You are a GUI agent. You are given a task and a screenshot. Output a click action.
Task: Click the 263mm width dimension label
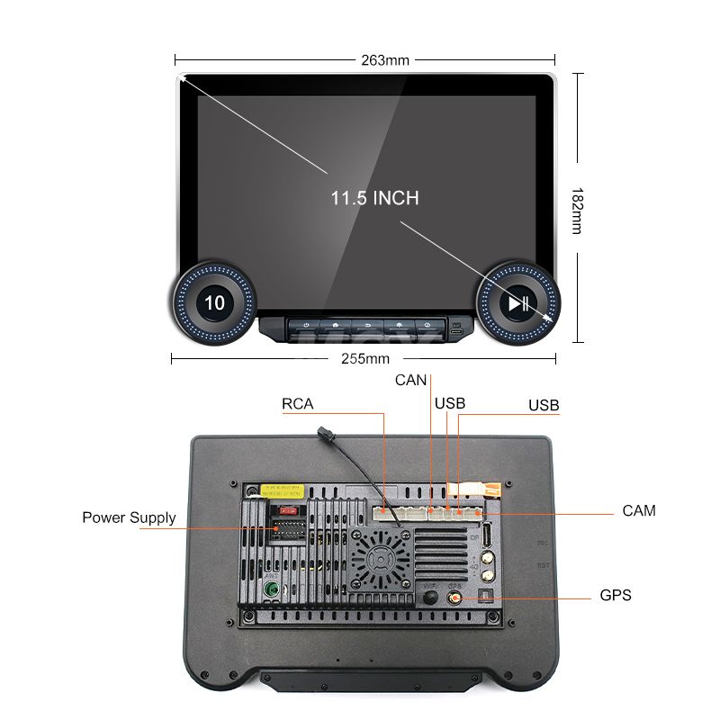pos(384,60)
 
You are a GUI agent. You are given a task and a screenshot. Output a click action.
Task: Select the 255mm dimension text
pos(364,358)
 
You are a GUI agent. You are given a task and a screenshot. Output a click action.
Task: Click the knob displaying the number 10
pos(214,302)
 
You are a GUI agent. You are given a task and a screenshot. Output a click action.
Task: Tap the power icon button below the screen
pos(308,325)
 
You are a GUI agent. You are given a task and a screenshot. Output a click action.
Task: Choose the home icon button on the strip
pos(336,325)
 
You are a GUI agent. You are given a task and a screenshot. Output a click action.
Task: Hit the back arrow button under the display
pos(366,325)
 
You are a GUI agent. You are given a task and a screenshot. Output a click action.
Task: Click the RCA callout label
pos(298,404)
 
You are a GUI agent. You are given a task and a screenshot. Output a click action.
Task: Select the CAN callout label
pos(410,381)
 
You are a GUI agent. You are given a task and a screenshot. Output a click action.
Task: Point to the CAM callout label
pos(639,511)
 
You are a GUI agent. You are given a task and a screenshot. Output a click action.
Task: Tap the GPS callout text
pos(616,596)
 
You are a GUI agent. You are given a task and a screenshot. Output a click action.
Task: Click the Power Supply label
pos(129,517)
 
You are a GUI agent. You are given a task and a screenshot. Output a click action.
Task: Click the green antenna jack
pos(269,590)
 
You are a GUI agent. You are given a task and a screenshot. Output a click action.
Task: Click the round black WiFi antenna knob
pos(430,597)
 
